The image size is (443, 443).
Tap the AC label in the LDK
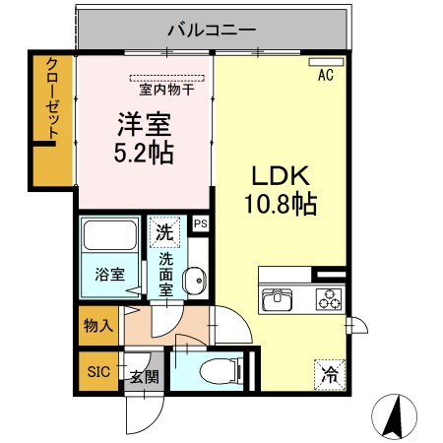coord(325,74)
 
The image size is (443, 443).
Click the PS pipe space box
coord(201,223)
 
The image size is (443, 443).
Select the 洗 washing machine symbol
coord(165,234)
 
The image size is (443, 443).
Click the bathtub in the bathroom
coord(110,236)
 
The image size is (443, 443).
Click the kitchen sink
coord(277,297)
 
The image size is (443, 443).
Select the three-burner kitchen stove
coord(325,298)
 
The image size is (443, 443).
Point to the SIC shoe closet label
coord(98,372)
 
